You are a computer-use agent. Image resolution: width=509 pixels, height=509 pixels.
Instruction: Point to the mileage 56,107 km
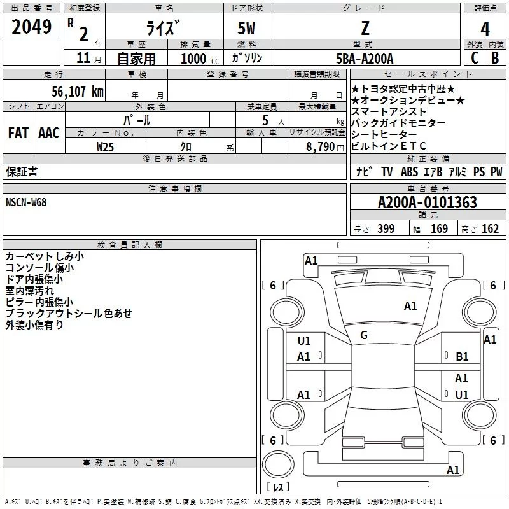(77, 92)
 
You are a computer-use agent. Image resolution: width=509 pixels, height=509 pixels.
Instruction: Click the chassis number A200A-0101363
(427, 203)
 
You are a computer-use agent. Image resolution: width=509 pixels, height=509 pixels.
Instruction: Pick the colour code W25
(106, 146)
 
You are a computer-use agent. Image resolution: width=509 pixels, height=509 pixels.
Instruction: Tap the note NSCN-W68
(26, 202)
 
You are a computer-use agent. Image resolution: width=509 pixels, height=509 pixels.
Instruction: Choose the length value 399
(386, 229)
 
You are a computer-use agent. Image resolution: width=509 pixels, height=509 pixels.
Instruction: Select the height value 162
(490, 229)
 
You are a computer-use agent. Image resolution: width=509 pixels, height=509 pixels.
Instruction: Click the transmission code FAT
(18, 133)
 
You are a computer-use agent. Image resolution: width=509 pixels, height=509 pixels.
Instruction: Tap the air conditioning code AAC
(49, 133)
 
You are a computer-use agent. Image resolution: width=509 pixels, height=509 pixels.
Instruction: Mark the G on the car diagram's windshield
(364, 335)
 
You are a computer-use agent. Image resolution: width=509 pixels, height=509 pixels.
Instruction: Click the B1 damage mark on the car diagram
(462, 358)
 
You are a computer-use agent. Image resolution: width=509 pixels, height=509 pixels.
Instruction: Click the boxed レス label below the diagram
(278, 488)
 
